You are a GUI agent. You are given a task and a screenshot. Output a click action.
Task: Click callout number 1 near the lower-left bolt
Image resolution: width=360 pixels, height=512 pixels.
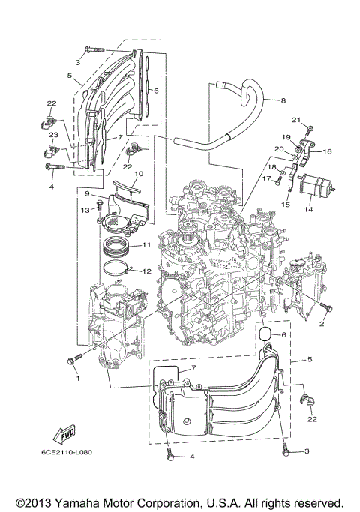coord(76,378)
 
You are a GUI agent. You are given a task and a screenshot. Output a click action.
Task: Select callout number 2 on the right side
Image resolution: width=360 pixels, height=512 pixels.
coord(321,324)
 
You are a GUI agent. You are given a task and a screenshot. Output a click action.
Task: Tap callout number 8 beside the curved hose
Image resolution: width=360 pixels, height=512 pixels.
coord(283,100)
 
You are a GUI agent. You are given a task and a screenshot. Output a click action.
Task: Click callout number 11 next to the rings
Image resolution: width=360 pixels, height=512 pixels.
coord(147,244)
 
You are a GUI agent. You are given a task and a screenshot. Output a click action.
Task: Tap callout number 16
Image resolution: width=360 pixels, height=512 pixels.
coord(327,151)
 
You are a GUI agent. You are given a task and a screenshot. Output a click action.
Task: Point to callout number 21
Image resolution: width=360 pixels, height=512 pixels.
coord(296,119)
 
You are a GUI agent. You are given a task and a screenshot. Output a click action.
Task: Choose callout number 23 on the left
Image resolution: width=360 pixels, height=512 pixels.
coord(53,134)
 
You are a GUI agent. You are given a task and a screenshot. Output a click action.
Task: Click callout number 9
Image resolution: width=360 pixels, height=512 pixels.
coord(87,193)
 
